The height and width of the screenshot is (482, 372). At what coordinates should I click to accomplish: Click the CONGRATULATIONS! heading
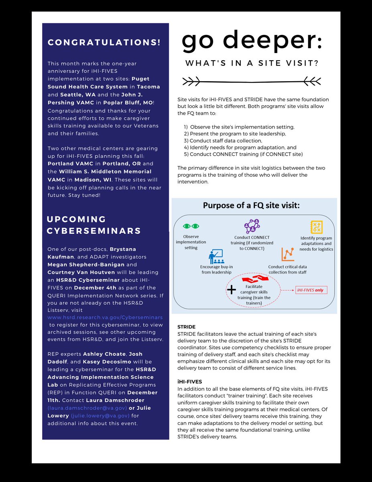point(104,43)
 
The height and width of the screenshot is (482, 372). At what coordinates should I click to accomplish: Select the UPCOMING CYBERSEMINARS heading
point(94,225)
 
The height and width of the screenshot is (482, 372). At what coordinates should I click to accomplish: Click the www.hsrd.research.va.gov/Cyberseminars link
point(105,317)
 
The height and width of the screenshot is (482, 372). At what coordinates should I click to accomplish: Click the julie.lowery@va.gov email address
point(100,415)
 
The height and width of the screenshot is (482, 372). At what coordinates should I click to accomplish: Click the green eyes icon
point(191,226)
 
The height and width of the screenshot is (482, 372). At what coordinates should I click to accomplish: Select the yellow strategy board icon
point(316,227)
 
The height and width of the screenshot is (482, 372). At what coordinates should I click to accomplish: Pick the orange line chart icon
point(287,254)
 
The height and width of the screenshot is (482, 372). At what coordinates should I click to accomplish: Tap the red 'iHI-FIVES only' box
point(311,290)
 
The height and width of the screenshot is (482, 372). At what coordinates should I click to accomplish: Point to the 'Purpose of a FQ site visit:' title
point(251,205)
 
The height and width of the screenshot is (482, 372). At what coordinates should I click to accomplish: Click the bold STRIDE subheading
point(187,327)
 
